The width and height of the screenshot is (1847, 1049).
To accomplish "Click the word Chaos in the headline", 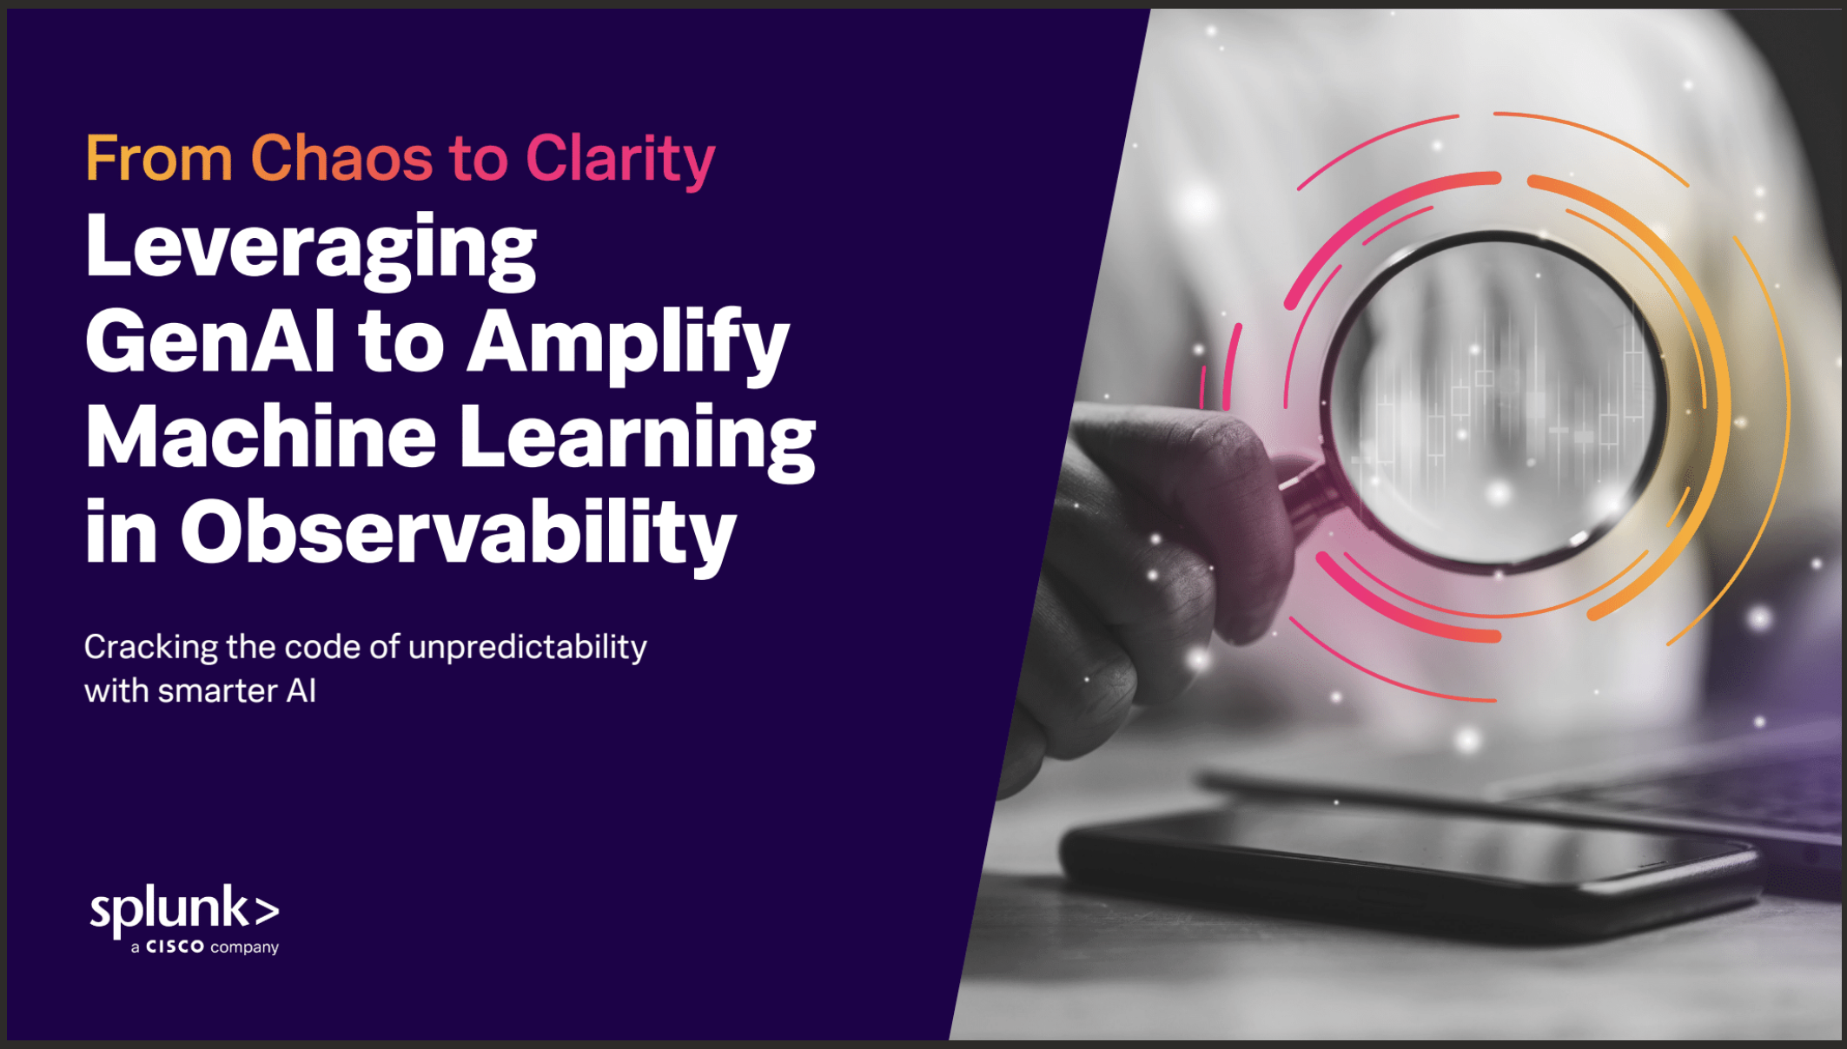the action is pyautogui.click(x=341, y=159).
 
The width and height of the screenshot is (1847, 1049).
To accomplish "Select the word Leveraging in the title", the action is pyautogui.click(x=311, y=249).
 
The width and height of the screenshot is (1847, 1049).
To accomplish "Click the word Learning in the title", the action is pyautogui.click(x=638, y=440).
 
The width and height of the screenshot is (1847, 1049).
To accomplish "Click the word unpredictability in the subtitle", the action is pyautogui.click(x=527, y=648).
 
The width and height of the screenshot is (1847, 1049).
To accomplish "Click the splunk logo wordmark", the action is pyautogui.click(x=185, y=910).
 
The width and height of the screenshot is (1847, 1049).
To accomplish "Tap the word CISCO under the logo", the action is pyautogui.click(x=175, y=947).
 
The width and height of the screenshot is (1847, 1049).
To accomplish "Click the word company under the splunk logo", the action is pyautogui.click(x=244, y=947).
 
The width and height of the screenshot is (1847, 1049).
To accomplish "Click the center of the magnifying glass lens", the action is pyautogui.click(x=1496, y=400).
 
